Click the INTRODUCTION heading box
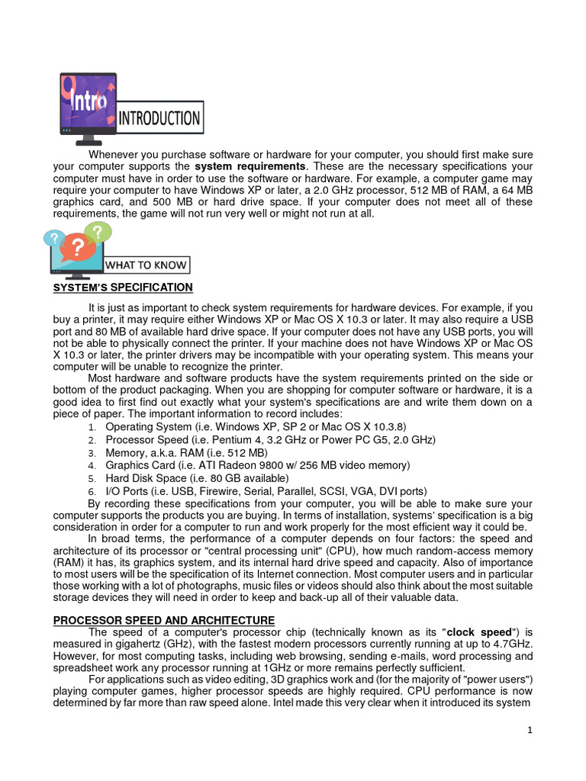(x=160, y=118)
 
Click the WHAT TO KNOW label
(x=146, y=265)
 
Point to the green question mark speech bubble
(x=97, y=232)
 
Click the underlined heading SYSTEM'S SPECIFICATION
(x=123, y=288)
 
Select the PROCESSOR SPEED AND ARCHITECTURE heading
(x=163, y=620)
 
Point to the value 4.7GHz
(x=513, y=644)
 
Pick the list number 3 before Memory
(x=91, y=453)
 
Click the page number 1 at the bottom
(x=529, y=731)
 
